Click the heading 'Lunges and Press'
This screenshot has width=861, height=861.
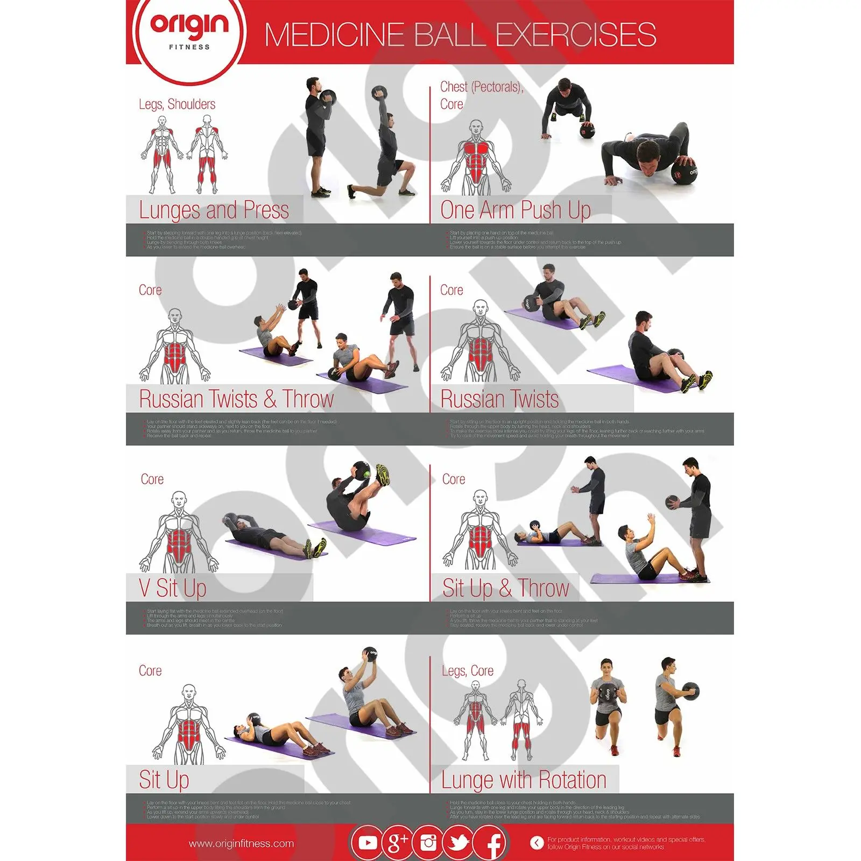pyautogui.click(x=214, y=210)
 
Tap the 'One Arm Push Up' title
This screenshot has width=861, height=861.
pyautogui.click(x=515, y=210)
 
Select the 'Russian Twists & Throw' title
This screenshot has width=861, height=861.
pyautogui.click(x=236, y=399)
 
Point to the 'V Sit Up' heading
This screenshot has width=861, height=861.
pyautogui.click(x=172, y=588)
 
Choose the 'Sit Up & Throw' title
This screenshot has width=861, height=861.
pyautogui.click(x=505, y=588)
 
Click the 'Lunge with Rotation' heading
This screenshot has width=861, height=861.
pyautogui.click(x=523, y=780)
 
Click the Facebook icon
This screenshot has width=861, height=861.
pyautogui.click(x=491, y=843)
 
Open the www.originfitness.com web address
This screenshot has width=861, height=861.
pyautogui.click(x=241, y=843)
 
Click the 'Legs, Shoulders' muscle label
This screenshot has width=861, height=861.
pyautogui.click(x=177, y=104)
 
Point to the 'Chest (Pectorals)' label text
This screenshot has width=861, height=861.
pyautogui.click(x=481, y=87)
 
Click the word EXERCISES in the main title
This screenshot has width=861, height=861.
pyautogui.click(x=575, y=34)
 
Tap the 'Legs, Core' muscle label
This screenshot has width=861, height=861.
pyautogui.click(x=467, y=671)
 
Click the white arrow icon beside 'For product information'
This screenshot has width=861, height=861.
pyautogui.click(x=537, y=843)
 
